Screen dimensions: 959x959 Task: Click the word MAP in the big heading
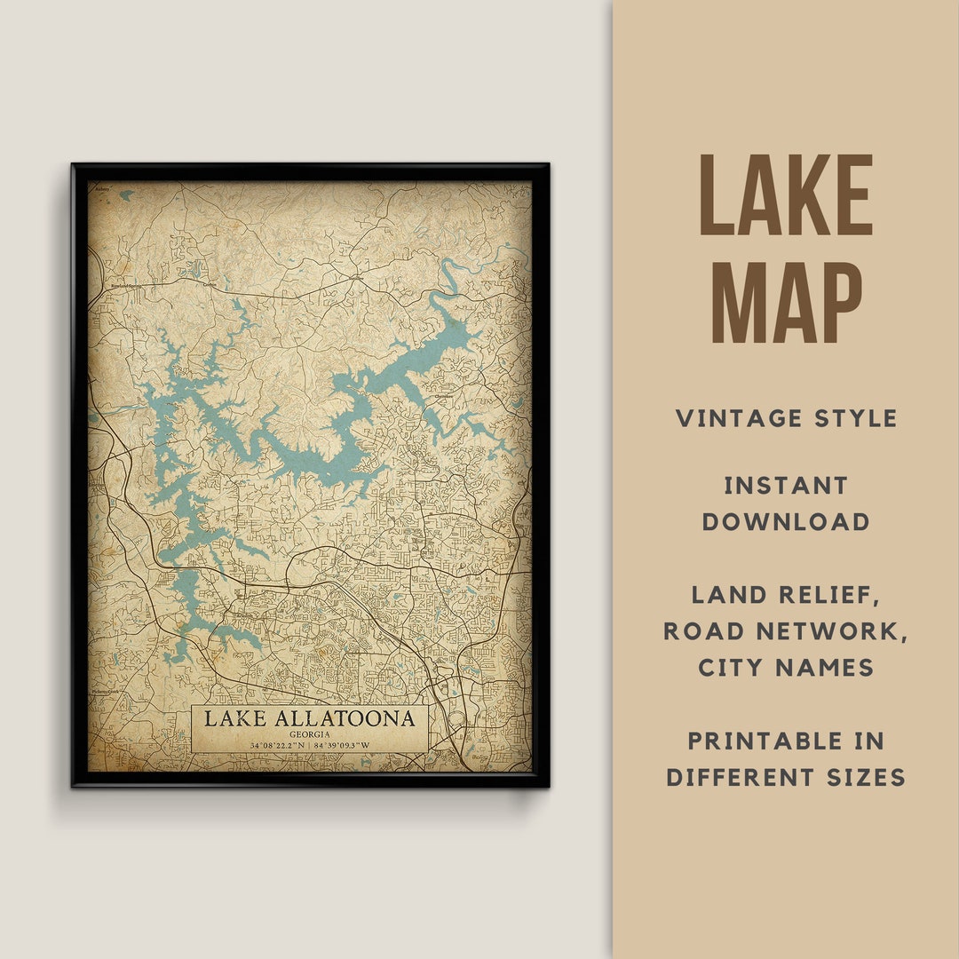pyautogui.click(x=786, y=303)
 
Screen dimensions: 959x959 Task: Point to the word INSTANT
pyautogui.click(x=786, y=486)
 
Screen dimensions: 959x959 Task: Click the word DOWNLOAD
pyautogui.click(x=786, y=522)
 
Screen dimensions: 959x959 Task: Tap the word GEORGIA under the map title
pyautogui.click(x=309, y=734)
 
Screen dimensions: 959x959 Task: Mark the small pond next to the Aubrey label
pyautogui.click(x=126, y=194)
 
